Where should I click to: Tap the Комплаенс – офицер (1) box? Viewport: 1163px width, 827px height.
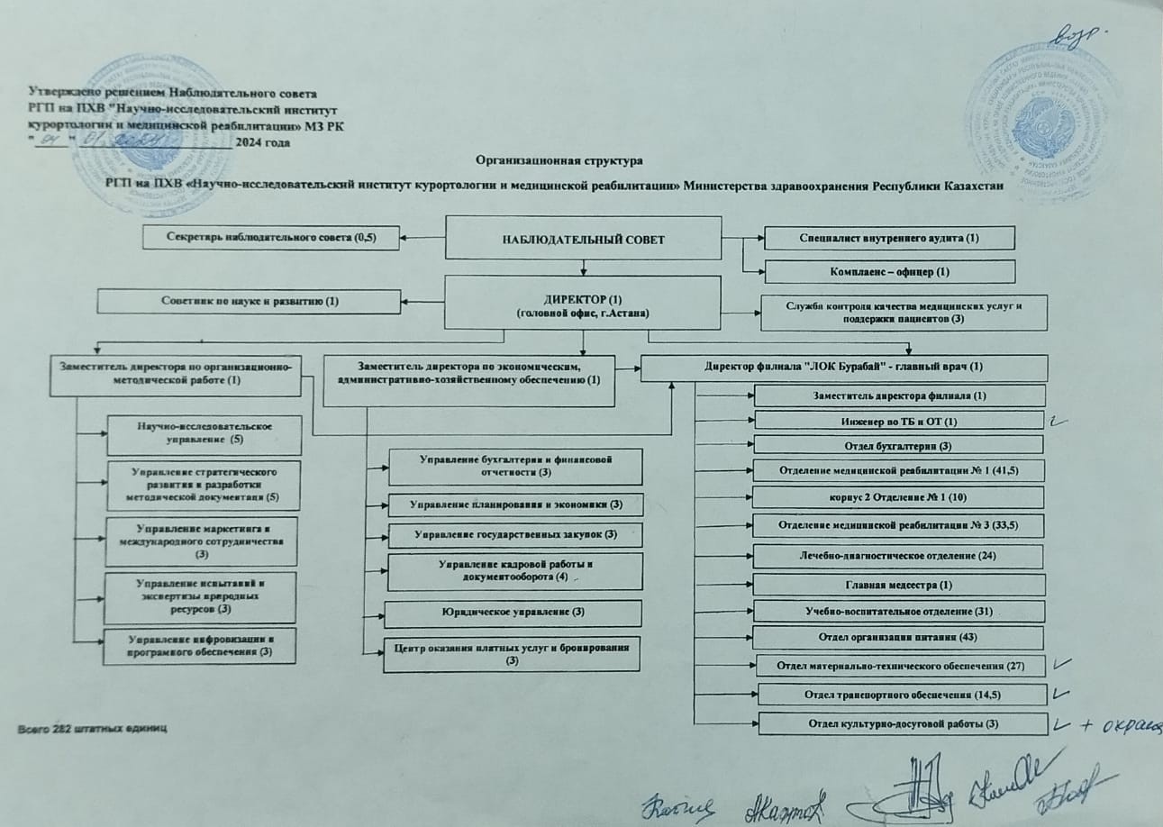point(889,271)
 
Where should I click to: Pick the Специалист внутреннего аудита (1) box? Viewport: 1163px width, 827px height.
point(889,238)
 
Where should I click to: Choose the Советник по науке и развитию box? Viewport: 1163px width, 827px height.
point(249,301)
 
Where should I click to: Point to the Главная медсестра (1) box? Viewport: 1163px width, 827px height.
point(898,586)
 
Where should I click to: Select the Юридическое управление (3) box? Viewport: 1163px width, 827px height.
point(514,613)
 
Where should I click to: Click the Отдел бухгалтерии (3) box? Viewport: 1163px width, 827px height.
point(898,445)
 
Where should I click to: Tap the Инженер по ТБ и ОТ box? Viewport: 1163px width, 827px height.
point(898,421)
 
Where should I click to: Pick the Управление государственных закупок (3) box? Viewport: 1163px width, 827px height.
point(514,535)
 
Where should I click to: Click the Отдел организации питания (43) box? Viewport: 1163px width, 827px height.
point(898,637)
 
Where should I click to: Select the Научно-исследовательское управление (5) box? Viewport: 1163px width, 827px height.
point(201,433)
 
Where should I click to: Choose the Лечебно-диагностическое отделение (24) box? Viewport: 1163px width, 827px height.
point(898,556)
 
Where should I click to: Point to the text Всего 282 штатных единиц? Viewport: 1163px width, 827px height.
point(93,726)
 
